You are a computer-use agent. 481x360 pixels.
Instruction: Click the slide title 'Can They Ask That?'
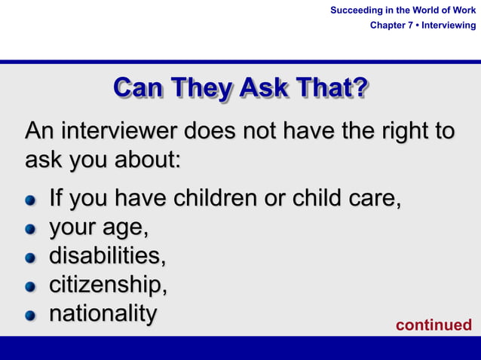click(240, 88)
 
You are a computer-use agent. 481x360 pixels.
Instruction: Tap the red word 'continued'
click(434, 325)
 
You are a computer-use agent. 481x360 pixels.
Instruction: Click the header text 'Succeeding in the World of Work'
click(403, 10)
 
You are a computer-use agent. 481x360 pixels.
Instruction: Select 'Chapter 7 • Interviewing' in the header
click(423, 26)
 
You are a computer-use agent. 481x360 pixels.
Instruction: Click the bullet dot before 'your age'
click(30, 230)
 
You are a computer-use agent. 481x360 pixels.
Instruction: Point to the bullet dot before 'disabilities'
click(30, 258)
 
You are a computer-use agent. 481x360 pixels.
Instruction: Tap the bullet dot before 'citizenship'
click(30, 287)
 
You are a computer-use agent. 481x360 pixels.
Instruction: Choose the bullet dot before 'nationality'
click(30, 316)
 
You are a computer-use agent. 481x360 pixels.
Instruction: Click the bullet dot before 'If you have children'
click(30, 201)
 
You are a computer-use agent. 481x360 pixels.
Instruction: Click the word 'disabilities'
click(106, 256)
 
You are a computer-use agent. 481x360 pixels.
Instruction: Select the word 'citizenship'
click(107, 285)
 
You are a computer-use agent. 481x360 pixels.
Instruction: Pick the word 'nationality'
click(103, 314)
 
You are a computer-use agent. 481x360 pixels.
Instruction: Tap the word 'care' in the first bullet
click(373, 200)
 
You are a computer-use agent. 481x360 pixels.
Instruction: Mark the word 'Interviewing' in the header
click(449, 26)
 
